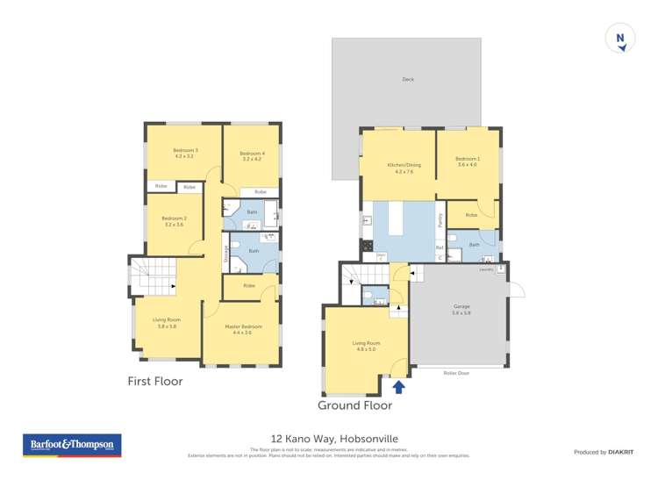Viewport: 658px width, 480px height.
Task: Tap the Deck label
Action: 407,80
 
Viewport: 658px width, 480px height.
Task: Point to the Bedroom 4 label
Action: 253,156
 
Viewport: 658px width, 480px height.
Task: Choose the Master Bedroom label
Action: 241,329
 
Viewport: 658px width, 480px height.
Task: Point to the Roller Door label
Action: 456,373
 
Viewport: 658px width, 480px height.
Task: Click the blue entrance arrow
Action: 399,385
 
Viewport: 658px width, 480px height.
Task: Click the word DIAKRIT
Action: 619,452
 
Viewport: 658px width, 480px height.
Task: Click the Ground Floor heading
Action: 354,405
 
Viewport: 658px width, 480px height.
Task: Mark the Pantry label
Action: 440,222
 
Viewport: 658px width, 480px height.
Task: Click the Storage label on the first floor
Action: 225,254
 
